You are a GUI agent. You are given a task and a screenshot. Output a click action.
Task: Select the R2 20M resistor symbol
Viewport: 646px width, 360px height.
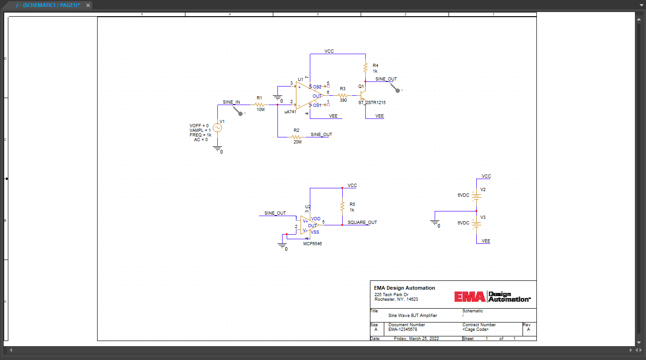[296, 137]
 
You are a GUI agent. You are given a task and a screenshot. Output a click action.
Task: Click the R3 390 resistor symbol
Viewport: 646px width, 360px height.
[342, 95]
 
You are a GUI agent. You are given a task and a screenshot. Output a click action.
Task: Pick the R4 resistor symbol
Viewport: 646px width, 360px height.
[365, 68]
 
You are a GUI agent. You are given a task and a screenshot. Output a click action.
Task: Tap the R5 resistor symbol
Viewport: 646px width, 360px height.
[342, 206]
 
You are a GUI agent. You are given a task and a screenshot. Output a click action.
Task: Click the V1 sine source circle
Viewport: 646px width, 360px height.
[216, 128]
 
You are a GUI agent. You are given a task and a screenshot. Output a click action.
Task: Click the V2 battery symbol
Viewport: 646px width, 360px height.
[476, 195]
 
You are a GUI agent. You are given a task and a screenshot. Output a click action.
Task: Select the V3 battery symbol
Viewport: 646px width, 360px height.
[476, 223]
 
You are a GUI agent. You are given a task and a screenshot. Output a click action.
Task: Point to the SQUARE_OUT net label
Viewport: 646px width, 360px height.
[362, 223]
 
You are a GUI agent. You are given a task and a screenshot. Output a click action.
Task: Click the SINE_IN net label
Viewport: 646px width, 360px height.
[231, 102]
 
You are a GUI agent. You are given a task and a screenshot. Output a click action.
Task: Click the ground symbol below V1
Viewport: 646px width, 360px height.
[217, 149]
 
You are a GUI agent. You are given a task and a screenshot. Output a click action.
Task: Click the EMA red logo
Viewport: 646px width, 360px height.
[470, 297]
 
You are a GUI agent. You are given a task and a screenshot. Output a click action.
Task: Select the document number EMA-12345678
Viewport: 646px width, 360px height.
[403, 329]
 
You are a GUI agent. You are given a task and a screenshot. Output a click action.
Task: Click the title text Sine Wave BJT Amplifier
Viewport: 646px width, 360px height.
[412, 316]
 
